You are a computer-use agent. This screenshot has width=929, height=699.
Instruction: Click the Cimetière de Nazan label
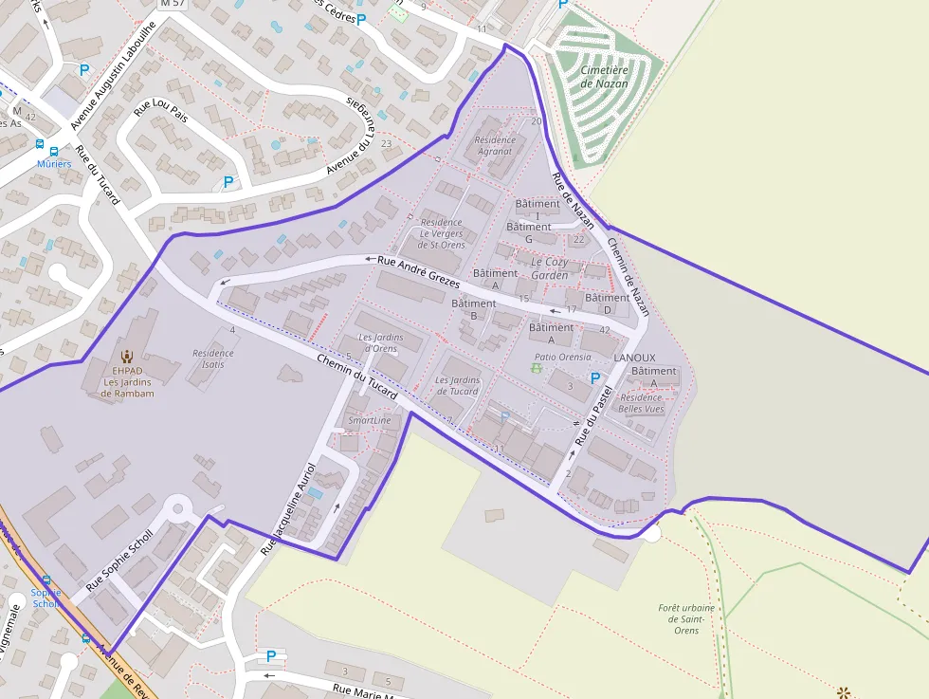(x=604, y=77)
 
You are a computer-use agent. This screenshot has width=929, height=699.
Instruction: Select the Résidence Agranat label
(x=494, y=145)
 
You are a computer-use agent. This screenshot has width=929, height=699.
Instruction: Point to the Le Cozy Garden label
(x=550, y=268)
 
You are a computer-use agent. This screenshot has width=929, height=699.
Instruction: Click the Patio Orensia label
(x=562, y=358)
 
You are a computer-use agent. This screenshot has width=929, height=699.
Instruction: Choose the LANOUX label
(x=634, y=358)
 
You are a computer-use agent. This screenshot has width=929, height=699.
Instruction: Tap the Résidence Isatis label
(x=212, y=359)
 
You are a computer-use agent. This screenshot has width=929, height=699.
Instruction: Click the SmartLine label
(x=369, y=420)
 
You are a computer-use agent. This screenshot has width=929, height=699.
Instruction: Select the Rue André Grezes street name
(x=418, y=271)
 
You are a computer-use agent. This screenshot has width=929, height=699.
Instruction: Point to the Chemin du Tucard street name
(x=356, y=375)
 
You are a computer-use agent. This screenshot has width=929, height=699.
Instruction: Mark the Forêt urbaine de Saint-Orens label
(x=680, y=618)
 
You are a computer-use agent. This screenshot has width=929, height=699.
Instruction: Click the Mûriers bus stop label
(x=54, y=164)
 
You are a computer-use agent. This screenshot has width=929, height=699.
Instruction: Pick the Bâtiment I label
(x=537, y=210)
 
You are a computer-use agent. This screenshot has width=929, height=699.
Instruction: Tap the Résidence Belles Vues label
(x=641, y=403)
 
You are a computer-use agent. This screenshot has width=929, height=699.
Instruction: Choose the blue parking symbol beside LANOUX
(x=595, y=377)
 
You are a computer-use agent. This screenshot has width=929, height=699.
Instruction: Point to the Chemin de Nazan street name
(x=628, y=274)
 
